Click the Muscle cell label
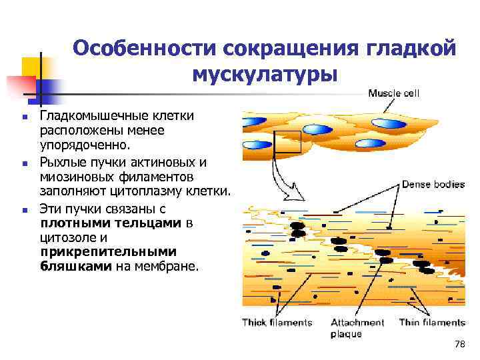pos(394,93)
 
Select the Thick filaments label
pos(277,323)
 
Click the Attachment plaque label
pos(357,328)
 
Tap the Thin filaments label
pos(432,323)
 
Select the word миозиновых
pos(73,177)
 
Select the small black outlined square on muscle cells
pos(289,141)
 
